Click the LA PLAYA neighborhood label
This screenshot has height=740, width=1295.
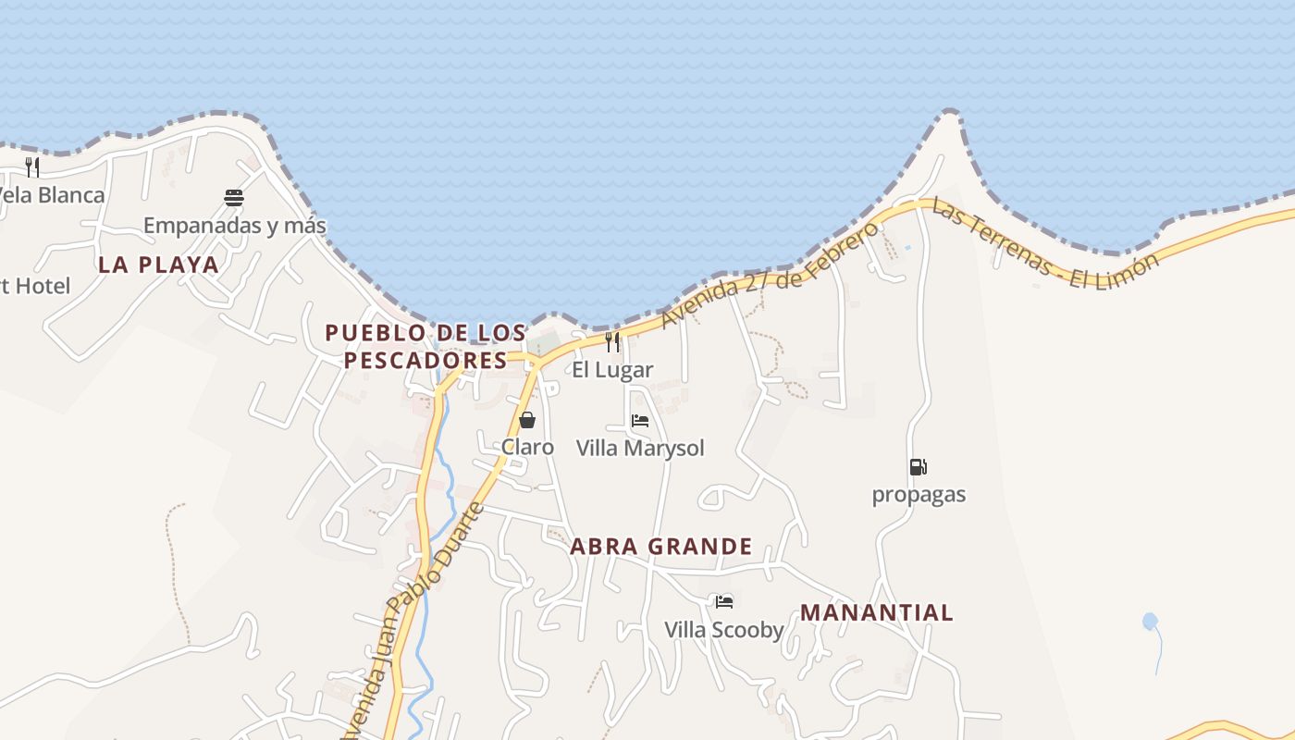[159, 265]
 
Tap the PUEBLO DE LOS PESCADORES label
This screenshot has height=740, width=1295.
[425, 346]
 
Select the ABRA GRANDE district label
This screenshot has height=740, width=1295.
[660, 547]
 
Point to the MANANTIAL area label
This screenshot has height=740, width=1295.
[876, 612]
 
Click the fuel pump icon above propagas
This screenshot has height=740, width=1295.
[918, 467]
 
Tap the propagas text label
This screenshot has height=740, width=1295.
[919, 495]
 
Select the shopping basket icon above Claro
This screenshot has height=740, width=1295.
[527, 421]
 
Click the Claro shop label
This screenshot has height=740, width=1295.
[527, 448]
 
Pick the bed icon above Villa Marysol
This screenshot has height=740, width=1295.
[639, 421]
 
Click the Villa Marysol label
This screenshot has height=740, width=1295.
[640, 449]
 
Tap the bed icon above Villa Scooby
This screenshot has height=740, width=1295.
[724, 602]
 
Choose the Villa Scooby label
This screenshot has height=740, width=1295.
[724, 631]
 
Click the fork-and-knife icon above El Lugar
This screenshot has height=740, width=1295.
[612, 342]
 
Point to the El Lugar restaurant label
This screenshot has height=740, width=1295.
[612, 370]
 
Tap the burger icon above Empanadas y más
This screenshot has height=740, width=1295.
[234, 197]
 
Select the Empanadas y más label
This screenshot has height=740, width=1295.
[235, 225]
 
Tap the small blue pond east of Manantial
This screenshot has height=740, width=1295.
[1150, 622]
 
